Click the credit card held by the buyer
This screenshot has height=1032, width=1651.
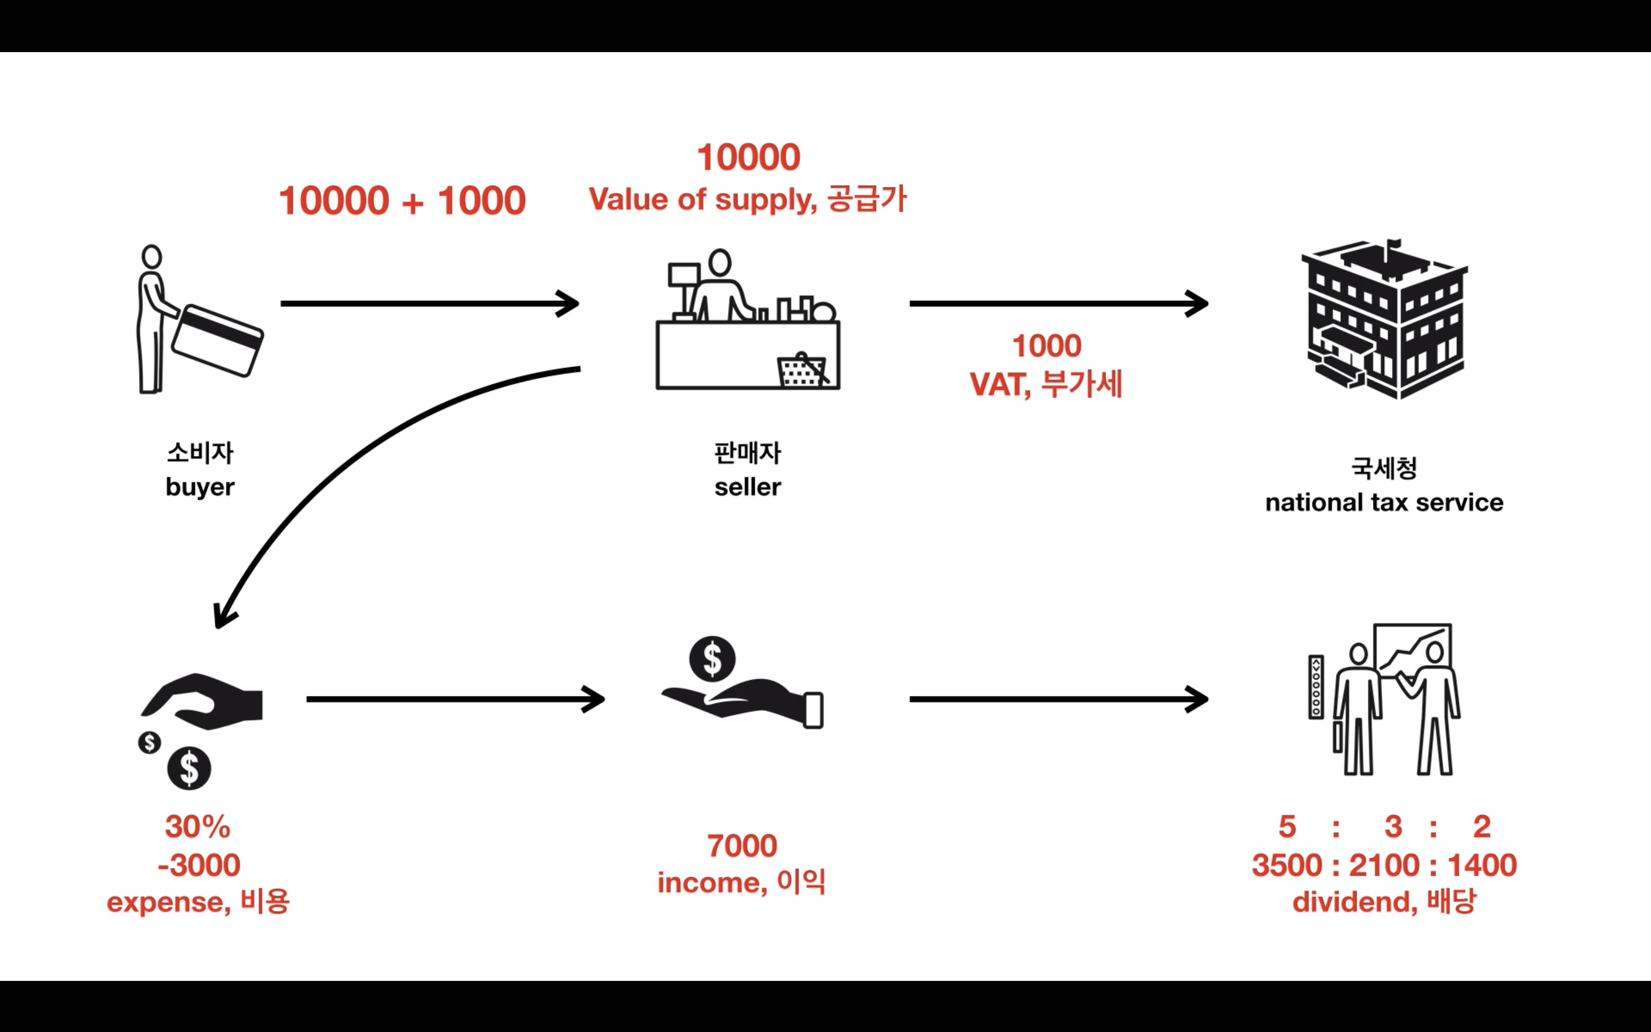click(x=217, y=340)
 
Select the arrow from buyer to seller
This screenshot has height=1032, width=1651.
click(x=430, y=304)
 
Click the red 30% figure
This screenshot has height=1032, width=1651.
click(x=198, y=827)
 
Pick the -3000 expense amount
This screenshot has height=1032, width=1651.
click(x=199, y=865)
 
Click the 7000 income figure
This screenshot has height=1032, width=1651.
click(x=742, y=846)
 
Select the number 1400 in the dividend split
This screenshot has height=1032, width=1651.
click(x=1482, y=865)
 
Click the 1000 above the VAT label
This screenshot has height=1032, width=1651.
click(x=1047, y=346)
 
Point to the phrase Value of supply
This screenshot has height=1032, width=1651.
click(x=703, y=200)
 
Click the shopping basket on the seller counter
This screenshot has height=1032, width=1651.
click(x=803, y=371)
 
